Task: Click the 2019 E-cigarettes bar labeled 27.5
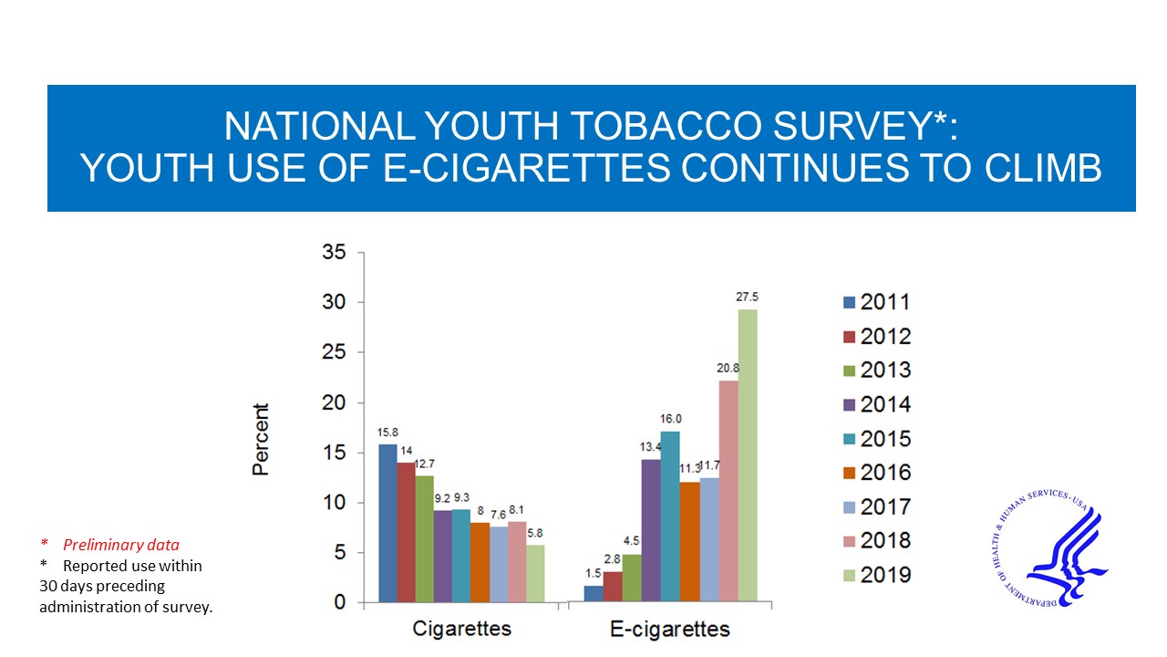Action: click(x=748, y=455)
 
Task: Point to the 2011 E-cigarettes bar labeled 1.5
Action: click(x=594, y=593)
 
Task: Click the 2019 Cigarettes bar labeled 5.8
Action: click(x=535, y=573)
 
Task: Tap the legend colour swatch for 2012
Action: click(x=850, y=337)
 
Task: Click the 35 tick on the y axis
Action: click(x=334, y=253)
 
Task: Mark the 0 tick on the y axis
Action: click(x=339, y=602)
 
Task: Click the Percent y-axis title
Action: click(x=261, y=439)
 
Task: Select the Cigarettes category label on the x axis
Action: click(x=462, y=629)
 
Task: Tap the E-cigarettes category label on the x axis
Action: click(x=670, y=629)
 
